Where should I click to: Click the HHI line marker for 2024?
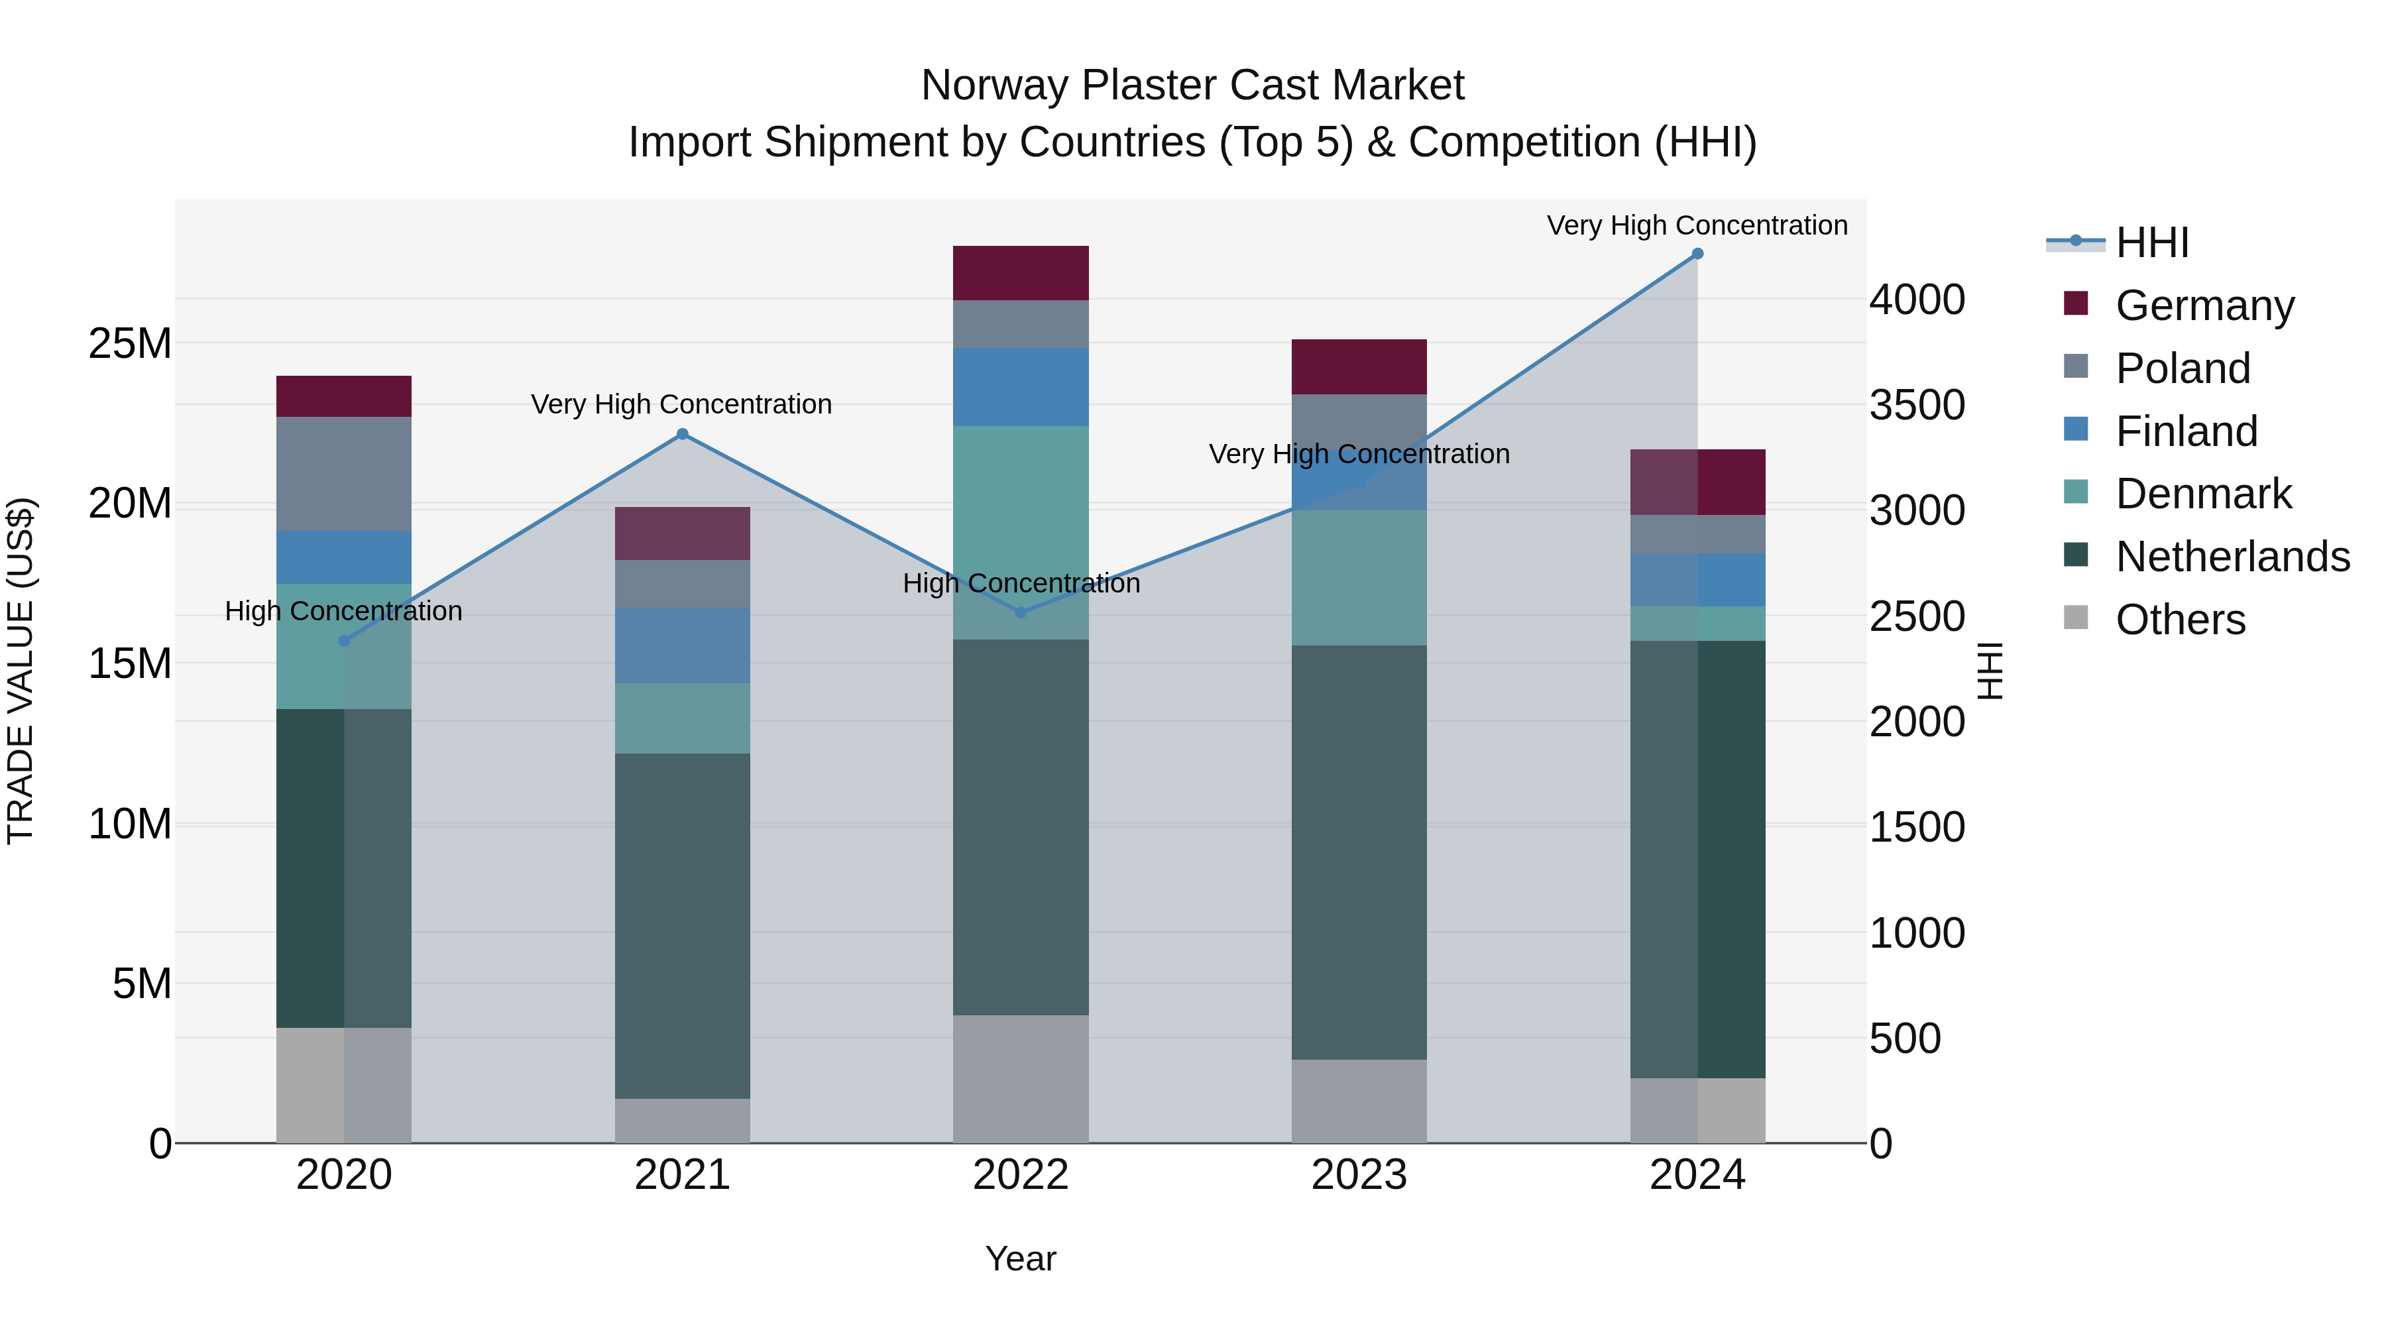tap(1697, 254)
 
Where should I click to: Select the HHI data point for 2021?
tap(683, 434)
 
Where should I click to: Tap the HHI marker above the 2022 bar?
tap(1021, 612)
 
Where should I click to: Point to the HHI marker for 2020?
tap(345, 641)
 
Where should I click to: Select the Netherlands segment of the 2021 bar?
tap(683, 926)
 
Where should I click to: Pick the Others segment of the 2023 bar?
tap(1359, 1101)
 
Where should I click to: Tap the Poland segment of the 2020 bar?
tap(345, 475)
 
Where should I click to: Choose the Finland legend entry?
tap(2186, 431)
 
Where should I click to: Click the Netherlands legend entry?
tap(2232, 557)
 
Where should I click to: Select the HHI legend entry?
tap(2151, 243)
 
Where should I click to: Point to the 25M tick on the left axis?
tap(130, 343)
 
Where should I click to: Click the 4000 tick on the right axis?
tap(1916, 300)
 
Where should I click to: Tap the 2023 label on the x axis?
tap(1359, 1175)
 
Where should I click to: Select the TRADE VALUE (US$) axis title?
tap(21, 671)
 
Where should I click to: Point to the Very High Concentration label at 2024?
tap(1697, 226)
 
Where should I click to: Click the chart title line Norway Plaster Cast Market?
tap(1192, 85)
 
